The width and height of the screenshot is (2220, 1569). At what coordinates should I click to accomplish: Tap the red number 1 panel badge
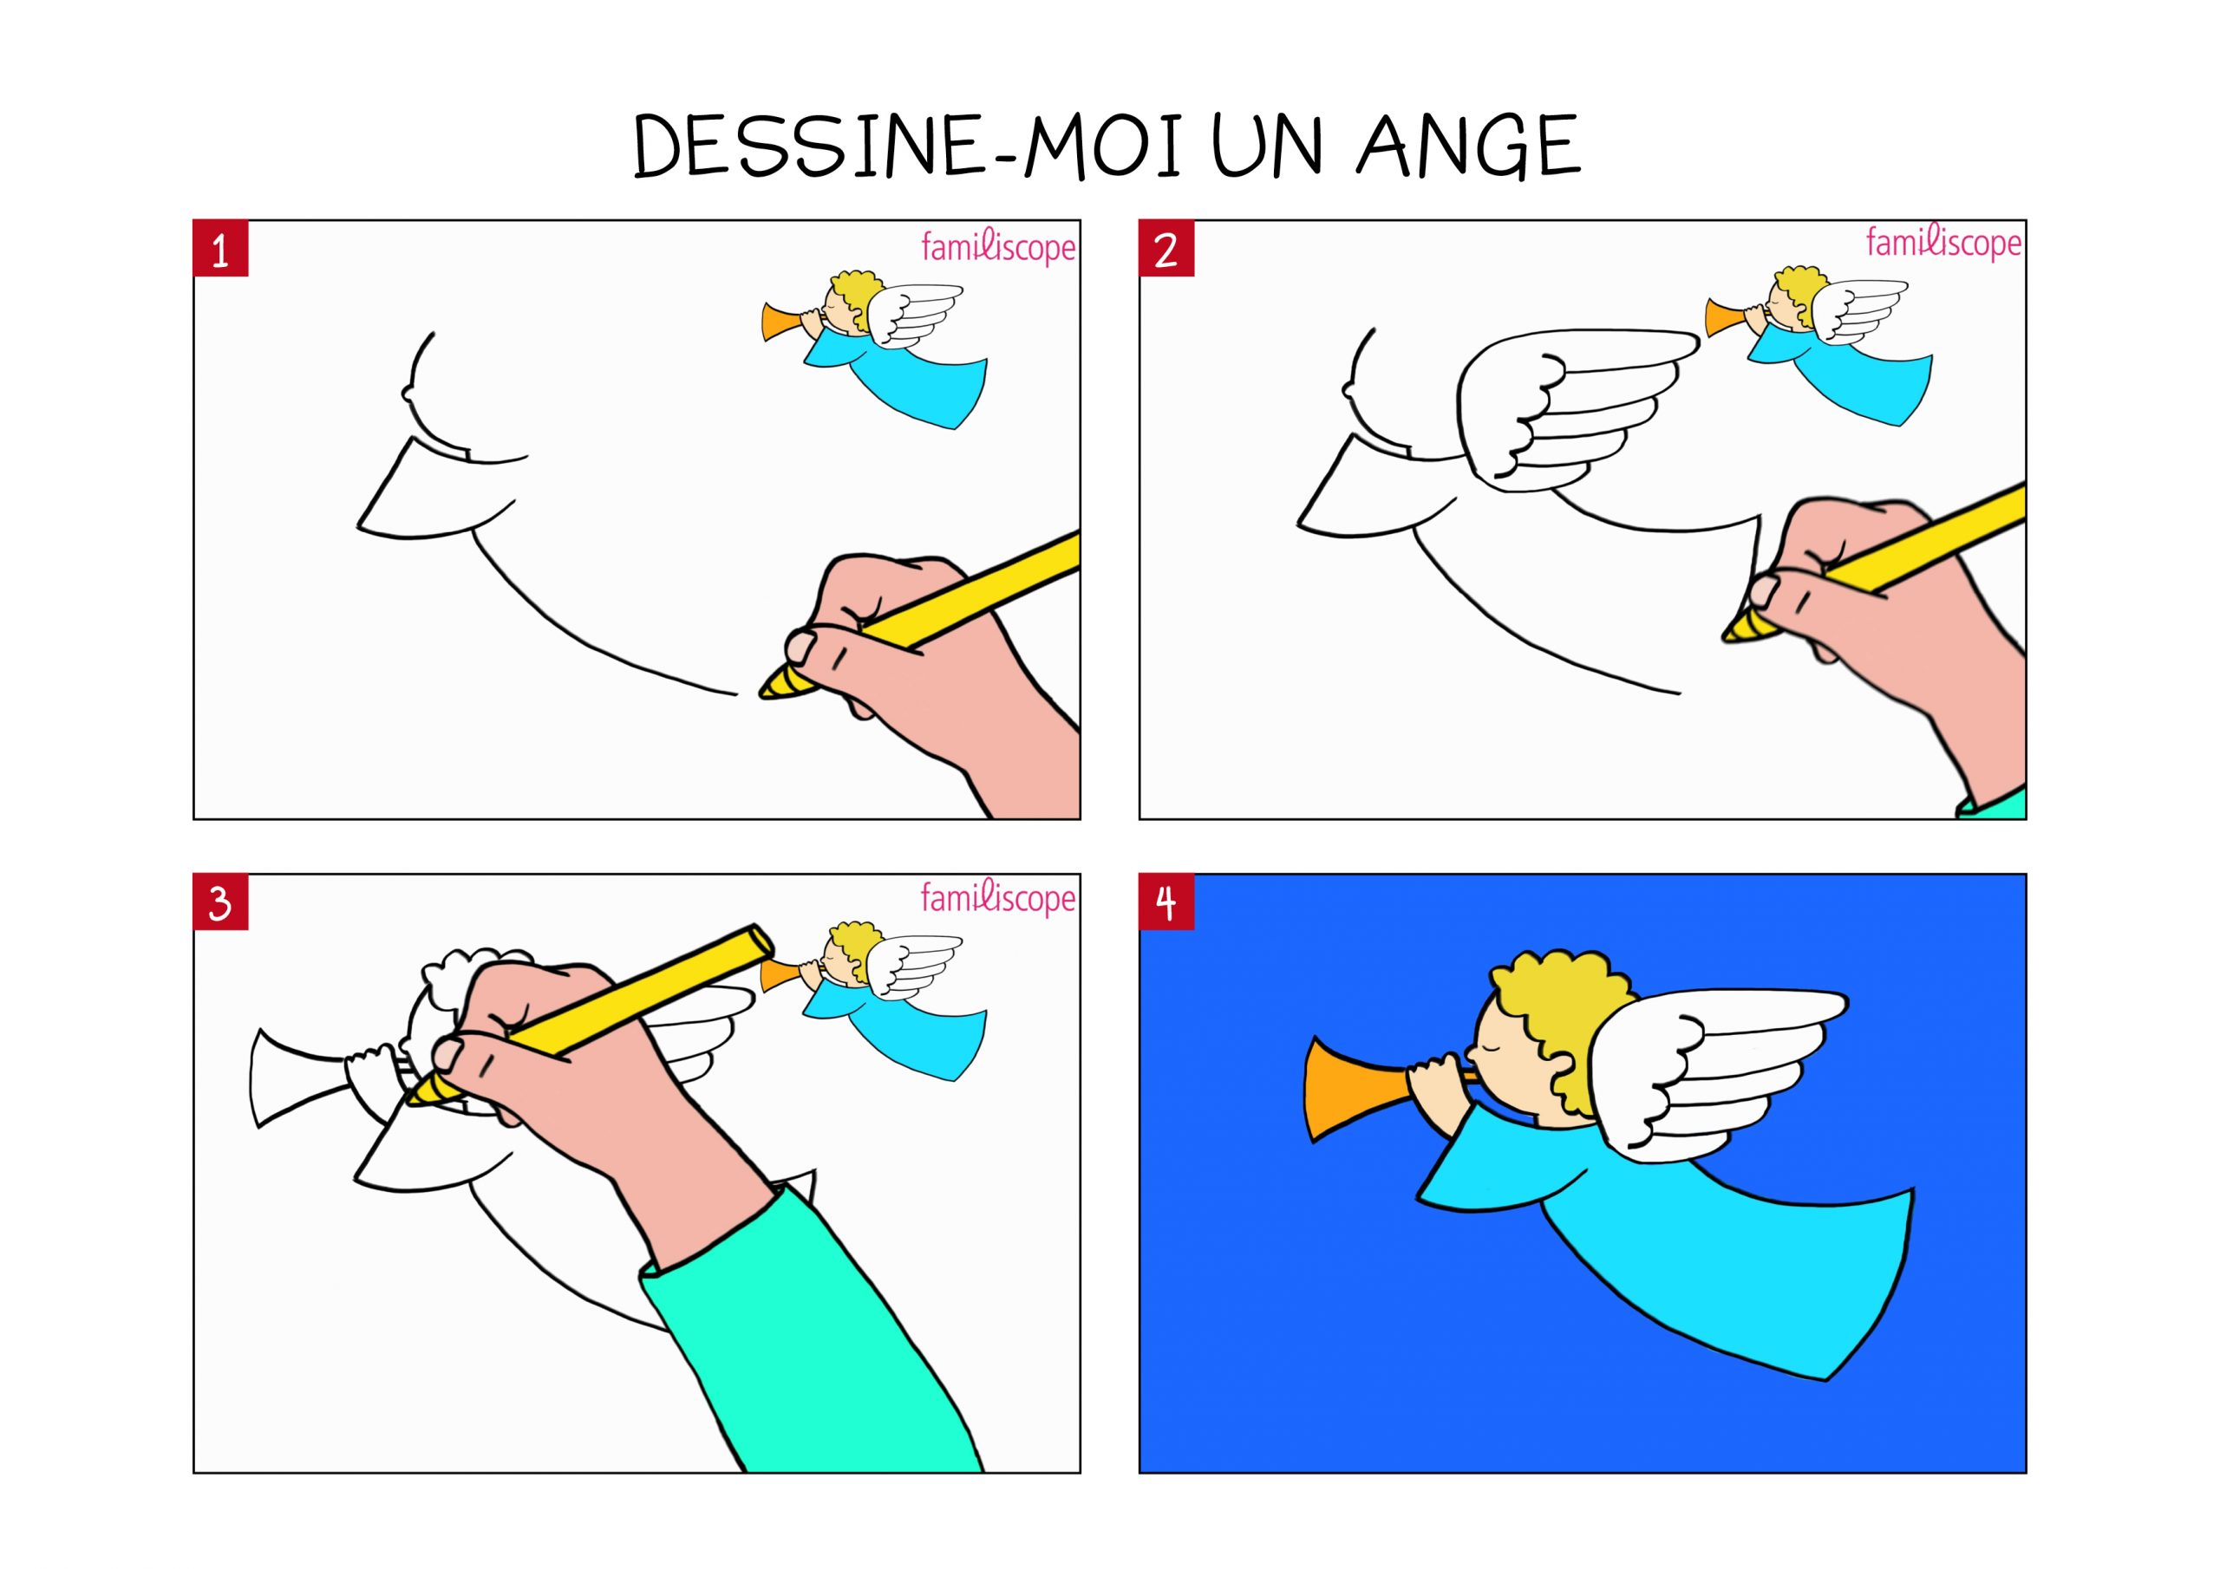[x=221, y=250]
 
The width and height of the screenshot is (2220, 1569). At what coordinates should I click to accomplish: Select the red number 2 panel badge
[x=1167, y=250]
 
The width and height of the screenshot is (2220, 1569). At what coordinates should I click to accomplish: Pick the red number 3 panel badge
[x=221, y=903]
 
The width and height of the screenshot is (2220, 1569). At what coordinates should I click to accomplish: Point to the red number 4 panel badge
[x=1167, y=903]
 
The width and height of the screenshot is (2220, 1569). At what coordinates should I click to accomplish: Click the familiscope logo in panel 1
[x=998, y=247]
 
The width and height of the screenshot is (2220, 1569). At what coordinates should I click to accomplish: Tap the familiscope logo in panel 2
[x=1943, y=243]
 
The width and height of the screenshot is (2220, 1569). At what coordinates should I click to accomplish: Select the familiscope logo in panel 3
[x=998, y=898]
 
